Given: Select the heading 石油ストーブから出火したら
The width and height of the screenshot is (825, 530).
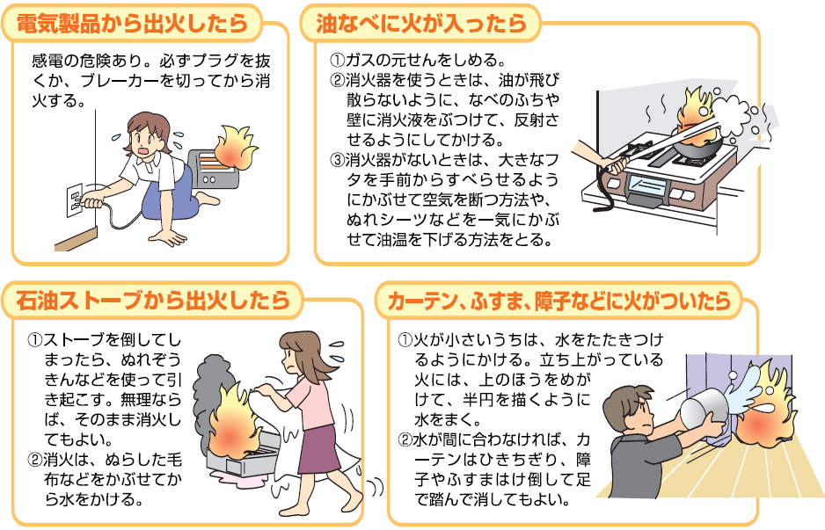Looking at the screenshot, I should point(153,301).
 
